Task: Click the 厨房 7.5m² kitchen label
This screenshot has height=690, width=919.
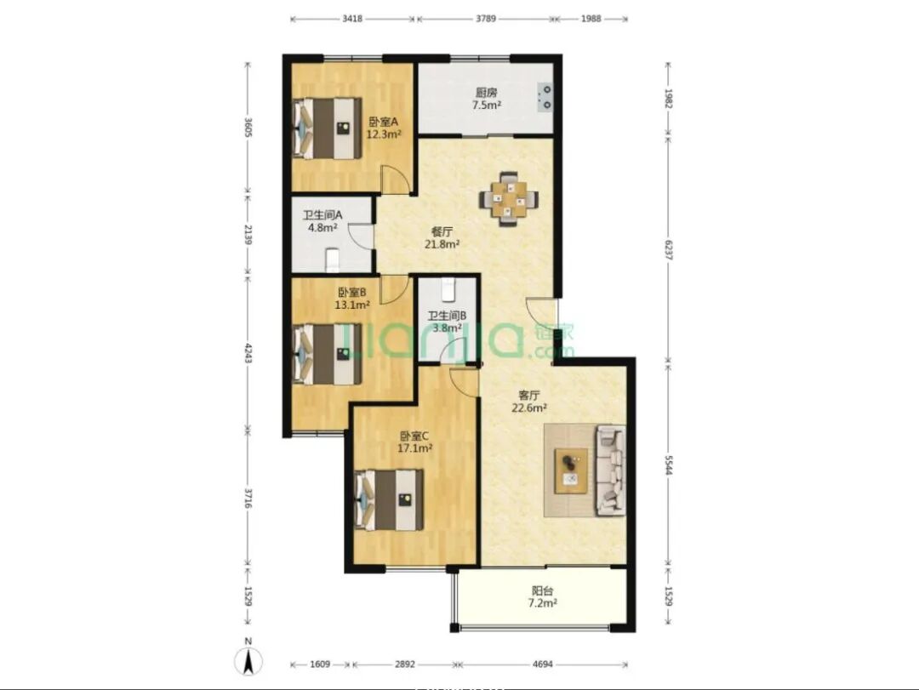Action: point(487,99)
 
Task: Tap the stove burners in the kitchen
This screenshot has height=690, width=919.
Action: point(545,97)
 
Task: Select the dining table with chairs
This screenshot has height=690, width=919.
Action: point(508,199)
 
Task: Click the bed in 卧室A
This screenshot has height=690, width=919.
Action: point(327,128)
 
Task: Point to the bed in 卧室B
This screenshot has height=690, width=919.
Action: point(327,354)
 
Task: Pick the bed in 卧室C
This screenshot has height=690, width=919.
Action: point(389,499)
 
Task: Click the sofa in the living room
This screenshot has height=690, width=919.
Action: point(610,470)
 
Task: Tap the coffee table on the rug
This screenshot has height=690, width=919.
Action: point(571,471)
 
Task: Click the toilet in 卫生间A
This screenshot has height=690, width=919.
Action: point(333,260)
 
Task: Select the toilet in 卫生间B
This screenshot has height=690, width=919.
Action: point(448,288)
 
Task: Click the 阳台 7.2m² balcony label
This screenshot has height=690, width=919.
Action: point(543,596)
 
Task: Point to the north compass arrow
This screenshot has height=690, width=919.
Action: point(248,663)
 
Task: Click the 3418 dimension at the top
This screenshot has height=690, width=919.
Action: point(351,18)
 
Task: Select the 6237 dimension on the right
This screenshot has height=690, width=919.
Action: point(668,249)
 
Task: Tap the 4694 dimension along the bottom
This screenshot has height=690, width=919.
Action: point(543,664)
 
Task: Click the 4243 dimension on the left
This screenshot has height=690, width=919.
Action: point(248,353)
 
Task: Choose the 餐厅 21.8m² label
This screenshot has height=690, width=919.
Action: point(442,238)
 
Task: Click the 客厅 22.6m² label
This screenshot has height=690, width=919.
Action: point(529,402)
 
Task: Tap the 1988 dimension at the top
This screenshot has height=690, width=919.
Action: point(591,18)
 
